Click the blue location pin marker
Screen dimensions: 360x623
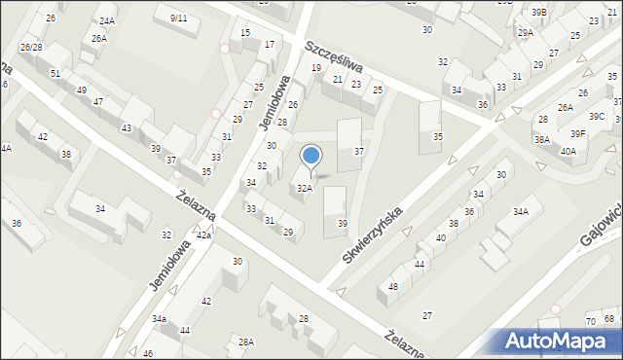pos(311,157)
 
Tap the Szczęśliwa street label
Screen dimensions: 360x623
pos(332,57)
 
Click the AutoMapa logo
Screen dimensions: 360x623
pos(559,341)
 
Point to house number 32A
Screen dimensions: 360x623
pos(305,188)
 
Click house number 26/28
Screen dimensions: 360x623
pos(30,47)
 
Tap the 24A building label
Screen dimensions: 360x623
pos(106,20)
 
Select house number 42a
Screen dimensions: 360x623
pos(203,235)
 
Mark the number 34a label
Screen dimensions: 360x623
pos(159,319)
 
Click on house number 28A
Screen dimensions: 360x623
pos(246,342)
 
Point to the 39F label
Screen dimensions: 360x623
pos(578,133)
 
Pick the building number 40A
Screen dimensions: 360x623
pos(568,151)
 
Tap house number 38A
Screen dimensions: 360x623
pos(542,139)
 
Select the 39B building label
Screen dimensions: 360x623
pos(539,12)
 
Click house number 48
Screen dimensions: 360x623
pos(393,286)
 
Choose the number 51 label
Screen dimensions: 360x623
pos(55,74)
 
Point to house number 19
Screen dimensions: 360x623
pos(316,68)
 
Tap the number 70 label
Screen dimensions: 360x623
pos(591,321)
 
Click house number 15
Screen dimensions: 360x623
pos(245,33)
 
